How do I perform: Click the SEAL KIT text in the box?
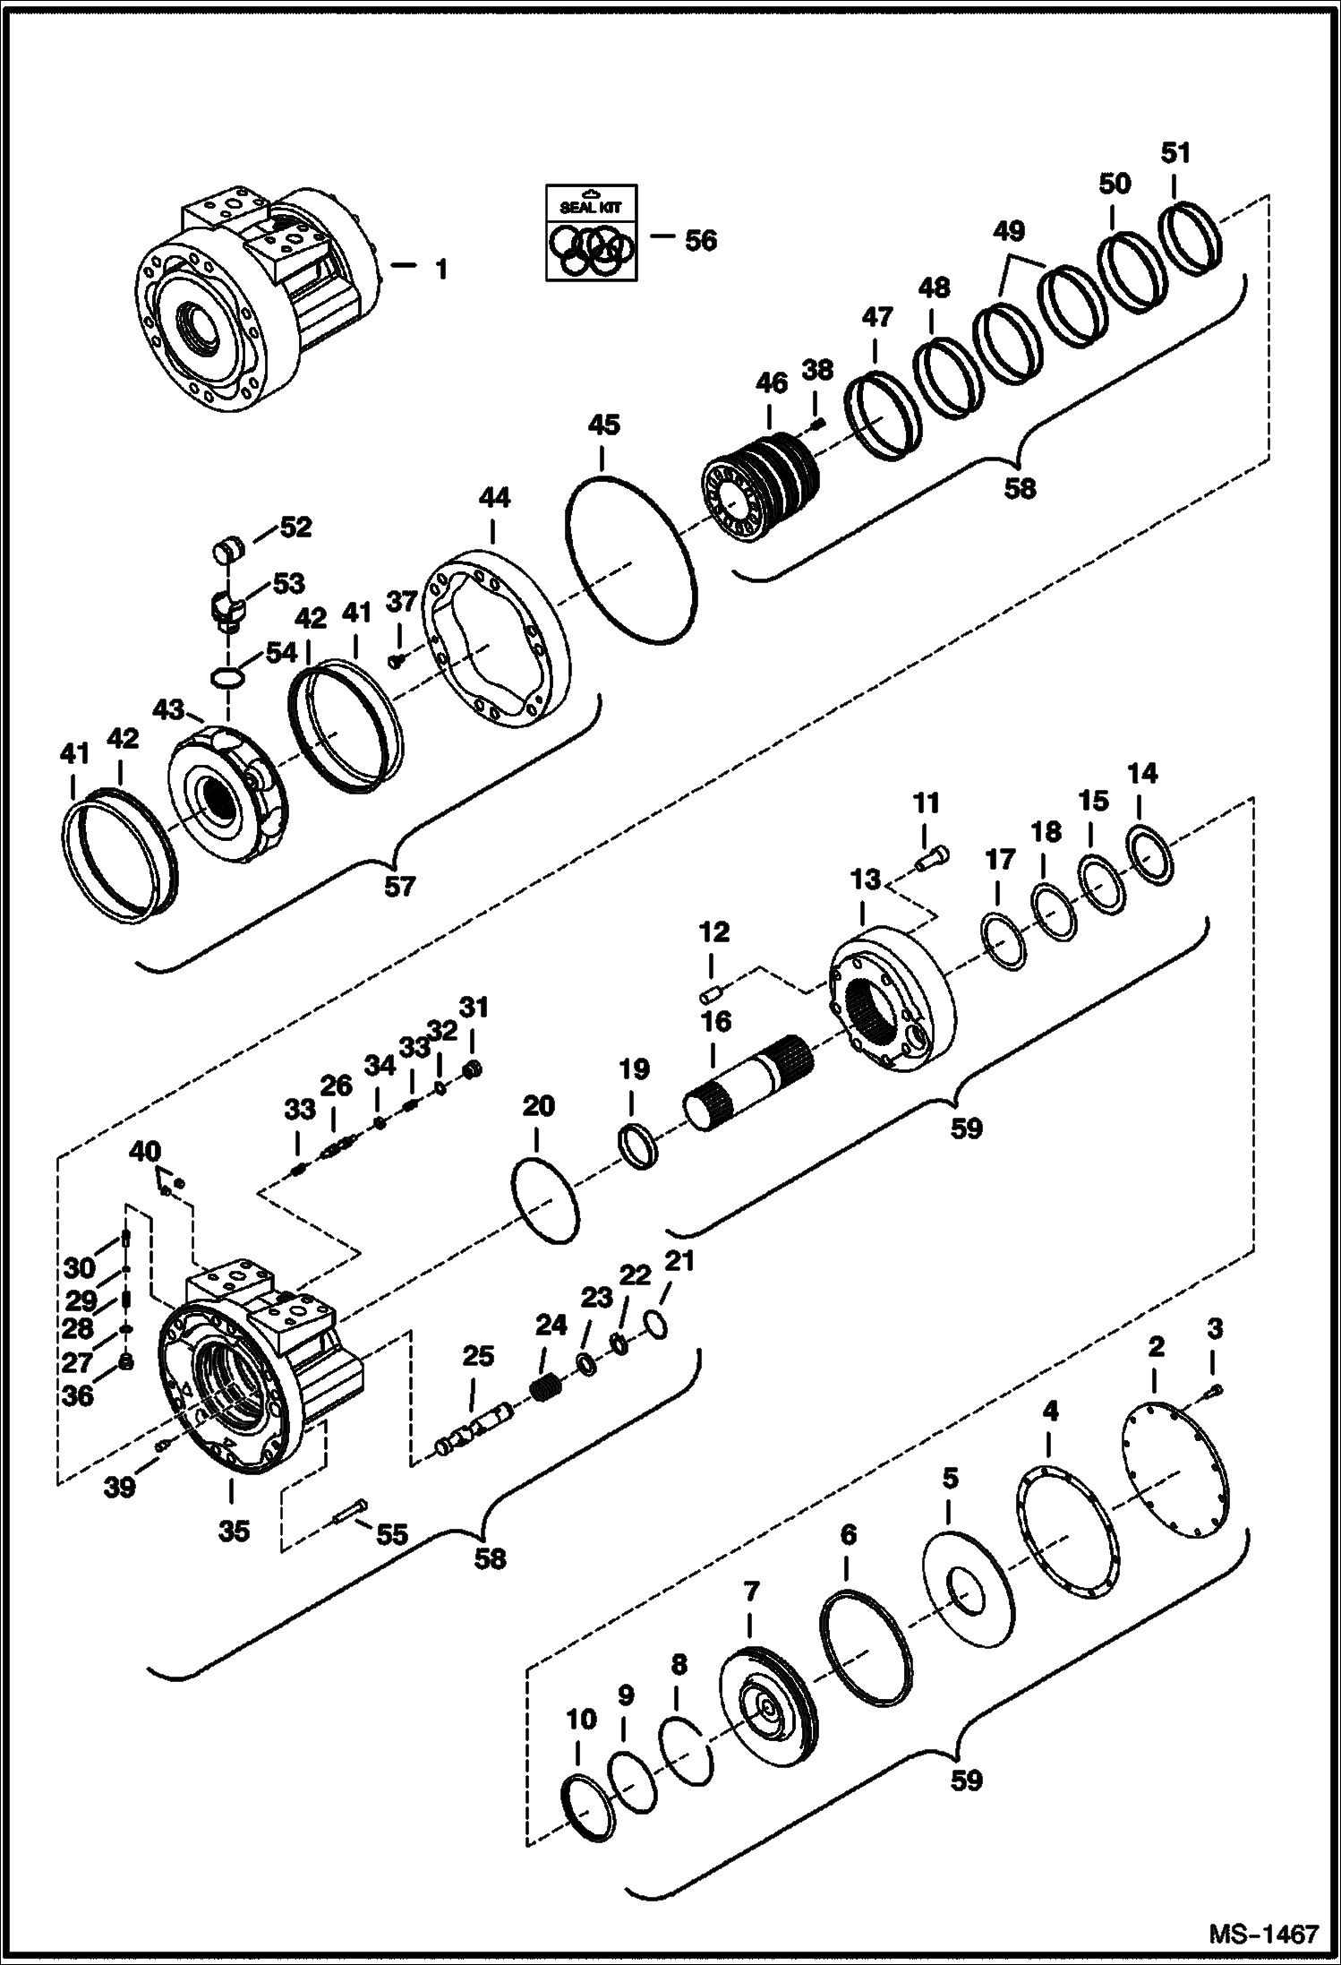click(590, 207)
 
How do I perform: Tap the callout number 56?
click(700, 239)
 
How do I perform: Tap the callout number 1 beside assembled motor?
click(440, 269)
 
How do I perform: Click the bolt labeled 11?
click(932, 858)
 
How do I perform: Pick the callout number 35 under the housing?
click(235, 1531)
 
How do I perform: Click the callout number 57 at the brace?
click(400, 886)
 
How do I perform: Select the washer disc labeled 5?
click(968, 1591)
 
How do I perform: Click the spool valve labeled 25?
click(475, 1428)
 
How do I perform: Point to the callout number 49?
click(1009, 231)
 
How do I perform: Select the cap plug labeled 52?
click(231, 547)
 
